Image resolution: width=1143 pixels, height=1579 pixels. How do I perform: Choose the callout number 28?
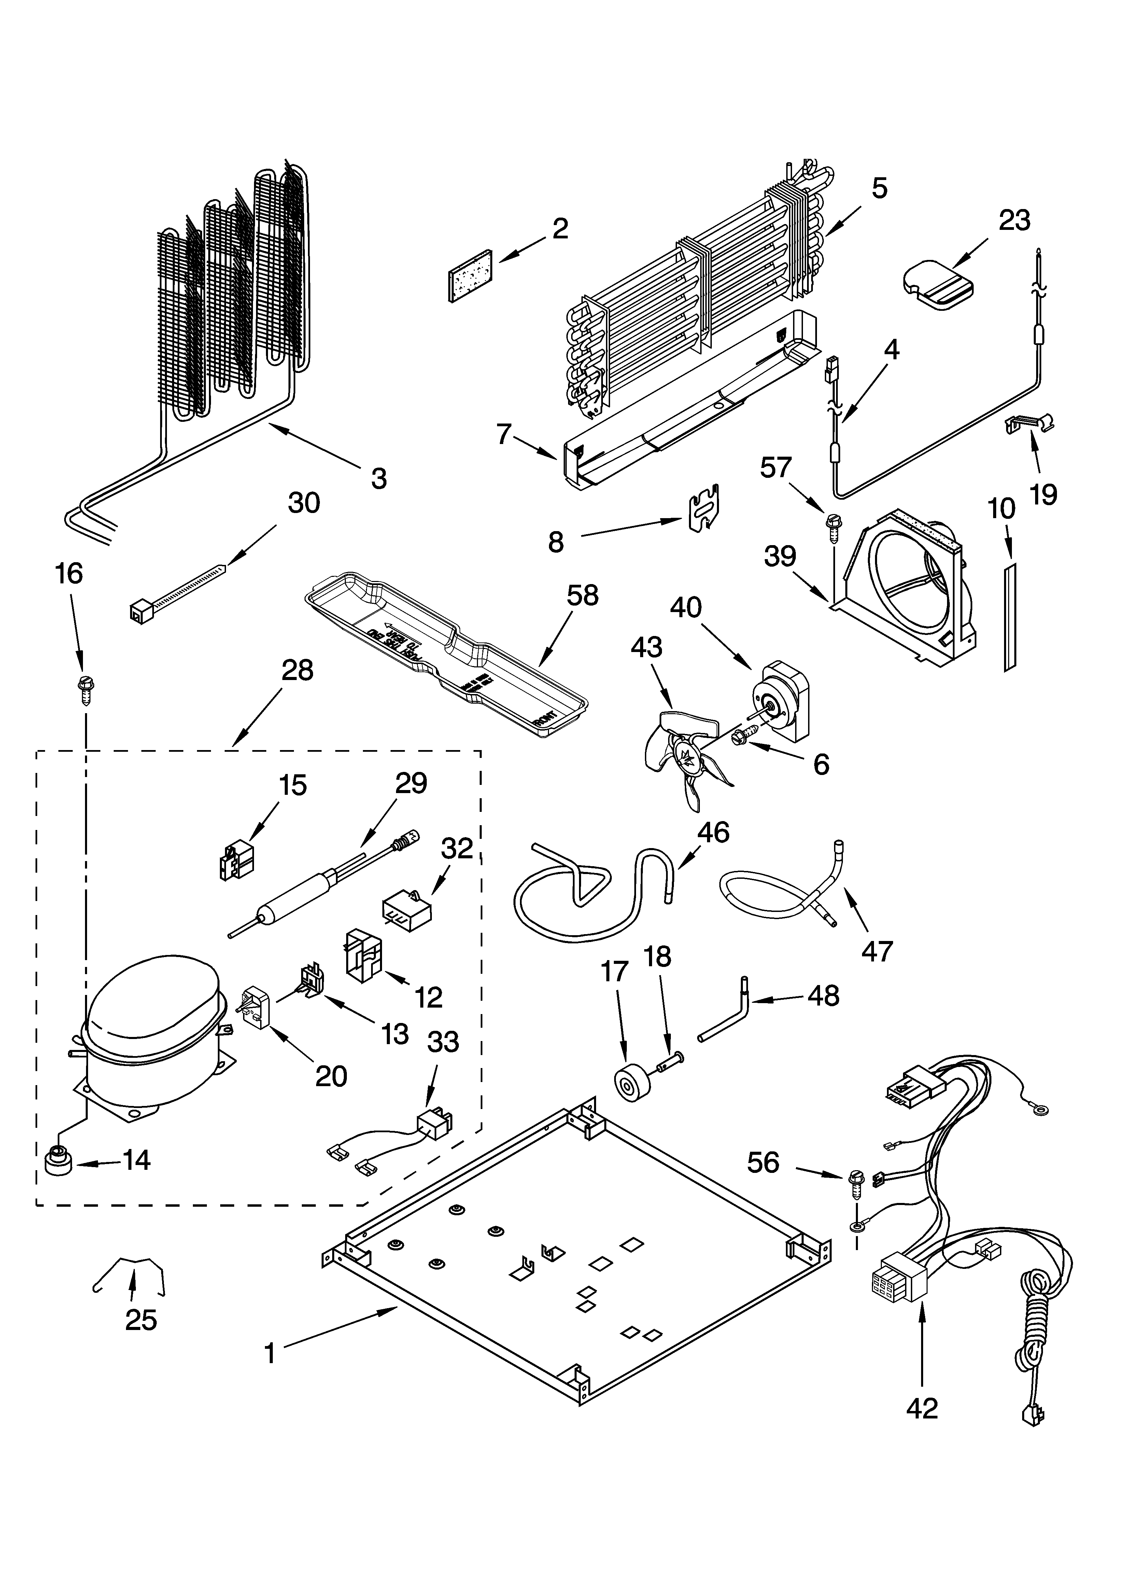[297, 670]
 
